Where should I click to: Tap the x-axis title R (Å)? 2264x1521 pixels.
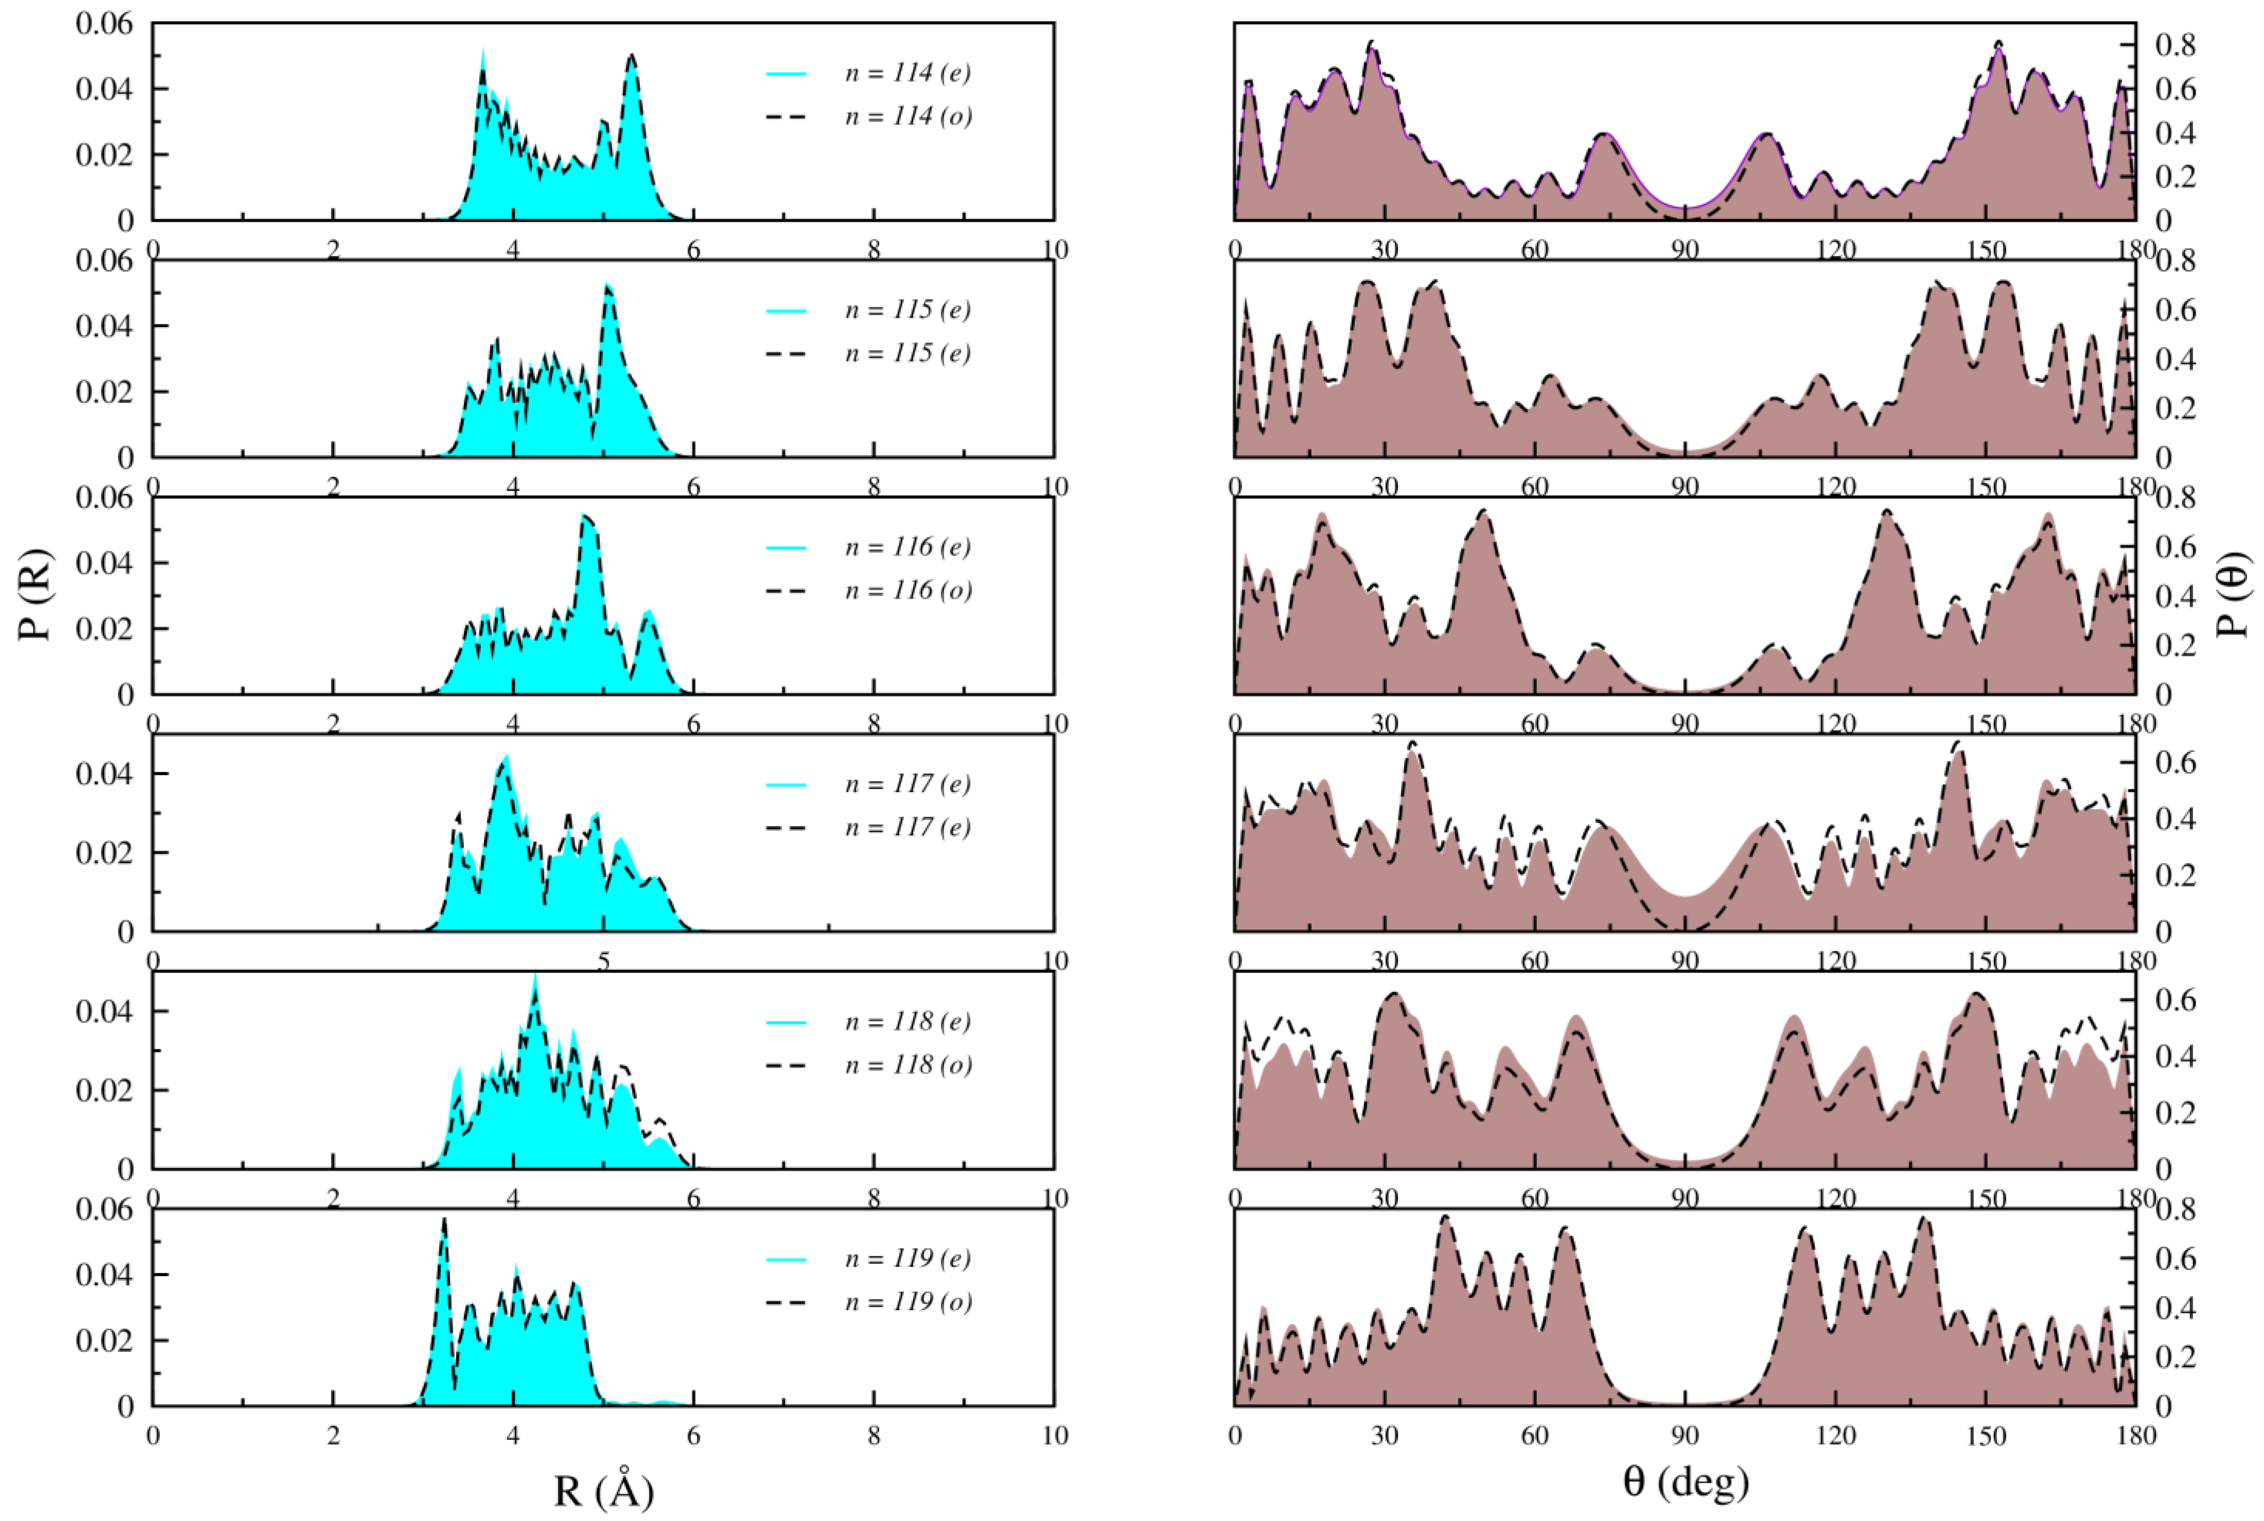pyautogui.click(x=603, y=1491)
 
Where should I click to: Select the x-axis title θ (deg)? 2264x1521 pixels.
pyautogui.click(x=1685, y=1481)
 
